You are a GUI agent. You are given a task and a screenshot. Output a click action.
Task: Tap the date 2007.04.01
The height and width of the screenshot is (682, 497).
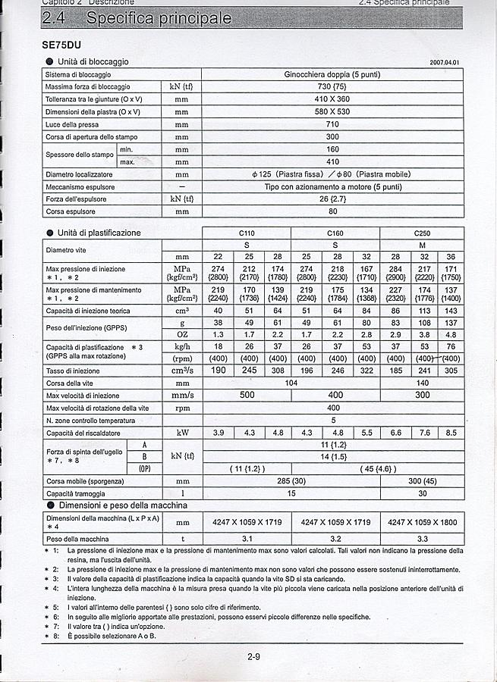pos(444,62)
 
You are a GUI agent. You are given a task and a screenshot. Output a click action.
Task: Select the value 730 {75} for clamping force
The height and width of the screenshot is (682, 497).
pos(332,87)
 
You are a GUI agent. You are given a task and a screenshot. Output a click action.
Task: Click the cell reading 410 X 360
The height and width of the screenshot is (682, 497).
pos(332,99)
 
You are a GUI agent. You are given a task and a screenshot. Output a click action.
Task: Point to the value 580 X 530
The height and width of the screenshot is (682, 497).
pos(332,111)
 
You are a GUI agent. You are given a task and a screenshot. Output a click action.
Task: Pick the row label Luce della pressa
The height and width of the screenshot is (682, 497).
pos(71,124)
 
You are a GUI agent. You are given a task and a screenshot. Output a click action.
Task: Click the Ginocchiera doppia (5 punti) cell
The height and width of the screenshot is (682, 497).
pos(332,75)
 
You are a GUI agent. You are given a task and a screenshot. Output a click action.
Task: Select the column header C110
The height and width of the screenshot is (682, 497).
pos(247,233)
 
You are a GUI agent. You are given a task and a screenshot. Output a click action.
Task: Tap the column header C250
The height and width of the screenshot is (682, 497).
pos(422,233)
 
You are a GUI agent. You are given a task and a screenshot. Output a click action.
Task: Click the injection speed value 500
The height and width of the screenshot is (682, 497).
pos(247,395)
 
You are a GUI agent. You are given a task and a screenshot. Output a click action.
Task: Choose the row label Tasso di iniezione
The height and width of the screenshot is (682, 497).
pos(72,371)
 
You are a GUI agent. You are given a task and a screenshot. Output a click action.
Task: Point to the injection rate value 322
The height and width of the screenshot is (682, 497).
pos(366,371)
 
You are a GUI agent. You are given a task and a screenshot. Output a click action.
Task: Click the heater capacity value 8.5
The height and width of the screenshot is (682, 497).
pos(451,433)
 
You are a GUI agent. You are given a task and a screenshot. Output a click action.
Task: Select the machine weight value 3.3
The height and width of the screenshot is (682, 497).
pos(422,538)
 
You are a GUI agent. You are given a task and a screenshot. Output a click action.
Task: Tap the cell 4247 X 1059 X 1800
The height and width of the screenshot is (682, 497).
pos(422,522)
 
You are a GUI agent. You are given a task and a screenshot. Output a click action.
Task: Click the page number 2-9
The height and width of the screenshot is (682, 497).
pos(253,656)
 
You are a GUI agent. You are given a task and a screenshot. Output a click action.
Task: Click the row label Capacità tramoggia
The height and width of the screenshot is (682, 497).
pos(76,493)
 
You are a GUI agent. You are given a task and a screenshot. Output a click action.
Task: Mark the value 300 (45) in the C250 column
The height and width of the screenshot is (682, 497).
pos(422,480)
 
